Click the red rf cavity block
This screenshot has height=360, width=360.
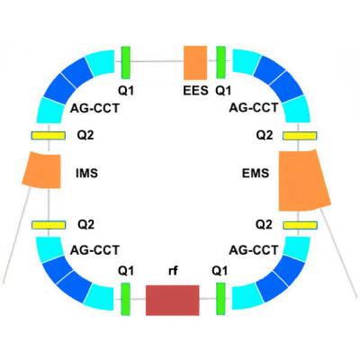tap(173, 301)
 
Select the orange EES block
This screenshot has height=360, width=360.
tap(195, 63)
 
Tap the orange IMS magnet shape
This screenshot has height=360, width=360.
tap(42, 170)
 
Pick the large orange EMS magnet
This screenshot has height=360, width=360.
tap(303, 180)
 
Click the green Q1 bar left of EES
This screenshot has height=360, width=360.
tap(126, 62)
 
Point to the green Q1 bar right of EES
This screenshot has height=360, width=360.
tap(221, 62)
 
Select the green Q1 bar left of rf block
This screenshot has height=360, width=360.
tap(125, 299)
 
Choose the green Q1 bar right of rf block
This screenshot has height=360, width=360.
tap(220, 299)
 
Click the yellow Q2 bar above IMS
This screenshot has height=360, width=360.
tap(49, 136)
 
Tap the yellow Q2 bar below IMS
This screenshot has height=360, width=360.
tap(49, 225)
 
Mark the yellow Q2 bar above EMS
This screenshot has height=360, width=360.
tap(300, 136)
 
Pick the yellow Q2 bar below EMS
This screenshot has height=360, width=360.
tap(300, 225)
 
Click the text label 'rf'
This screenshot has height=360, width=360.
tap(173, 271)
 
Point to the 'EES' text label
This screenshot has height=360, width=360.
tap(195, 90)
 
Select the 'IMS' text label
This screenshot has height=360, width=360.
tap(86, 173)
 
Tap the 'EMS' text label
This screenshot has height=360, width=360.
tap(256, 173)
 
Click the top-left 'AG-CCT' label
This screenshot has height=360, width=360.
tap(94, 108)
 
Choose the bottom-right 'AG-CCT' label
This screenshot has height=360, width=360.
tap(254, 250)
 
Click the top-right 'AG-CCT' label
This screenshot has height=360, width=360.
tap(254, 107)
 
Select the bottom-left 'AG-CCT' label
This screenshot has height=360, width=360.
tap(94, 250)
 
